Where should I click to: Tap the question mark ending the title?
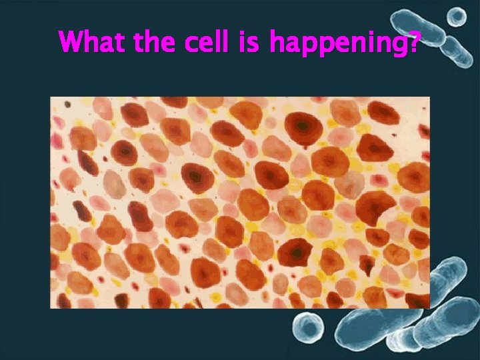tap(415, 43)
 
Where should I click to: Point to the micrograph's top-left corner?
tap(51, 97)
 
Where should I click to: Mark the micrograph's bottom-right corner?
tap(429, 308)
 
